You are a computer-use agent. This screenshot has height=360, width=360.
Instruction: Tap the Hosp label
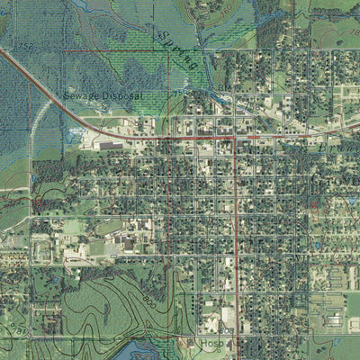coord(212,343)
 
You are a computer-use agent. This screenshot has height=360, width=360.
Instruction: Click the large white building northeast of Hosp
coord(229,317)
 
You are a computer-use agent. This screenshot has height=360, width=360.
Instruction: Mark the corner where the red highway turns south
coord(235,139)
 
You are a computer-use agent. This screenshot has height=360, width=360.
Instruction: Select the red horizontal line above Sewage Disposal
coord(108,51)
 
